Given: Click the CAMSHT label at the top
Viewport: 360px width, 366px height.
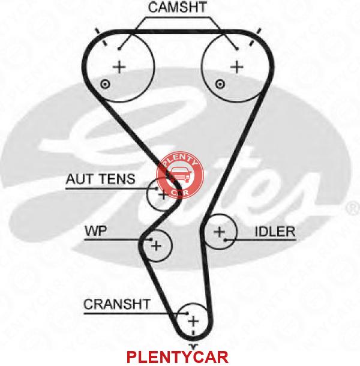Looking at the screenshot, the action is [178, 7].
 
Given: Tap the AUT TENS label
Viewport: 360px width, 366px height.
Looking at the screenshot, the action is [101, 179].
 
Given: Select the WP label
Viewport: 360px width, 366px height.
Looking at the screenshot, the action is [96, 231].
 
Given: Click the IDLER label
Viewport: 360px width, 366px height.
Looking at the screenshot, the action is [275, 232].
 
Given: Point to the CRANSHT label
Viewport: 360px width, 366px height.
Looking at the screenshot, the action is [117, 304].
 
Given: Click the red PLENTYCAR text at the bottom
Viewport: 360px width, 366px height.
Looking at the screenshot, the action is [178, 357].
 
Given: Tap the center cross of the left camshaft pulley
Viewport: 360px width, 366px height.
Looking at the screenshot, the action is [119, 67].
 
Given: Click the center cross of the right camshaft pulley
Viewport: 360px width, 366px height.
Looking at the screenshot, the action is [237, 67].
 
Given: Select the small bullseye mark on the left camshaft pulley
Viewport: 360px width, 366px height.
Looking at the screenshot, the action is [105, 84].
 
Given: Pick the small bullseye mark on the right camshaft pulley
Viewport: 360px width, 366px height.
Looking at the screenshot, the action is [220, 84].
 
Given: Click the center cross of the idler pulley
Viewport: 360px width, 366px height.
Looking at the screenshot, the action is [220, 232].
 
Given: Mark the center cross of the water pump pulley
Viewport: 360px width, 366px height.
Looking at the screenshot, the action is [156, 246].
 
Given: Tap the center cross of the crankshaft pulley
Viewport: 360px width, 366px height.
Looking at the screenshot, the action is [193, 322].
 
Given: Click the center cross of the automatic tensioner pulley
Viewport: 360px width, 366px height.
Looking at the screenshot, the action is [163, 195].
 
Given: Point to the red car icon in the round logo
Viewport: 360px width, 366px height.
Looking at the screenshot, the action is [180, 175].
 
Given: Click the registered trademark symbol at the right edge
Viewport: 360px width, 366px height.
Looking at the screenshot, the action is [353, 208].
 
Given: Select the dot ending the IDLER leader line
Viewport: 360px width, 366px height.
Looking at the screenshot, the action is [226, 240].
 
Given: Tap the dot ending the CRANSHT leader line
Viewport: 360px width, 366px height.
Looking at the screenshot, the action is [187, 313].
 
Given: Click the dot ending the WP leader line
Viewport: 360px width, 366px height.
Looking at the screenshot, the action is [151, 239].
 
